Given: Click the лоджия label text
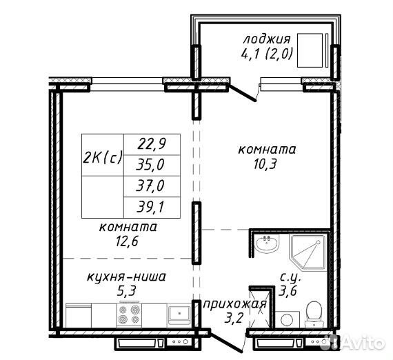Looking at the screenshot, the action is click(x=267, y=39).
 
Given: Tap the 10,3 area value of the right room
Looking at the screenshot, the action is click(x=265, y=164).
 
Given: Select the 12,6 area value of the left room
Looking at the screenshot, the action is click(x=127, y=241).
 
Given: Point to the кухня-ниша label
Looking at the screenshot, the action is click(x=126, y=277).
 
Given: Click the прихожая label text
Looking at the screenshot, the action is click(x=234, y=305).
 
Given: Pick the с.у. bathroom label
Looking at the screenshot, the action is click(x=290, y=277).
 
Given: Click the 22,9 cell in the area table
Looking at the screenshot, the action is click(x=152, y=144).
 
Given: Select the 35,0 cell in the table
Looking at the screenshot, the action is click(x=152, y=166).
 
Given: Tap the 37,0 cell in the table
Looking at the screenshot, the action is click(x=152, y=186).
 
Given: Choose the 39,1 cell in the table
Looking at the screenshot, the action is click(x=152, y=208).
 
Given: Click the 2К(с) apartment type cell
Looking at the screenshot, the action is click(x=103, y=154).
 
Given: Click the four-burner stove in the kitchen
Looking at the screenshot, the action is click(x=129, y=314).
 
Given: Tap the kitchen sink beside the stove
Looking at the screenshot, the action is click(x=179, y=313).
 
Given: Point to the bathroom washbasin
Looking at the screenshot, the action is click(x=268, y=243).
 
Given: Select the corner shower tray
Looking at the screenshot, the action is click(x=308, y=252).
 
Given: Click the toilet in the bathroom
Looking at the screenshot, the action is click(x=313, y=314).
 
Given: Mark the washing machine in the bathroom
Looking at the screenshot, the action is click(x=288, y=319).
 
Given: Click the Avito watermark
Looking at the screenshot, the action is click(x=356, y=342).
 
